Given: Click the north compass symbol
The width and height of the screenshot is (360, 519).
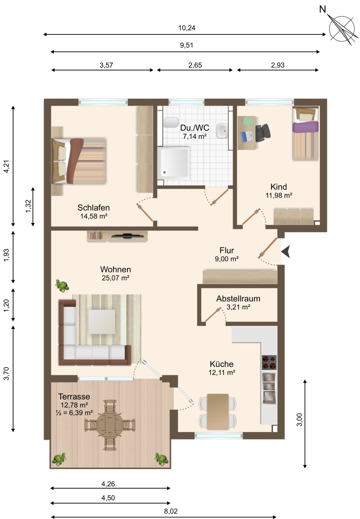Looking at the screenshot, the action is click(x=343, y=28).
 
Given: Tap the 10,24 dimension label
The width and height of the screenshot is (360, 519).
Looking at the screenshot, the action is click(x=187, y=28).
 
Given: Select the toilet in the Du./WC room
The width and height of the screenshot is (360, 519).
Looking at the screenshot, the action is click(x=170, y=122).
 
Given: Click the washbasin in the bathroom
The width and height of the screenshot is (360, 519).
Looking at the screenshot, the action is click(x=222, y=131).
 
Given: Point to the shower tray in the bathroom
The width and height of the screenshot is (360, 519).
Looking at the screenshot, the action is click(x=174, y=163).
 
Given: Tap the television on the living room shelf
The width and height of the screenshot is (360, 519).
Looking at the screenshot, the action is click(x=127, y=236).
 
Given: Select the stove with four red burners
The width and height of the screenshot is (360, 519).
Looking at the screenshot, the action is click(x=269, y=363).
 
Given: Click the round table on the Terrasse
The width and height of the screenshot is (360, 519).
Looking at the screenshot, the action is click(x=110, y=425).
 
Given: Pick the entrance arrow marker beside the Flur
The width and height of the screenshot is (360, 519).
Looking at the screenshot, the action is click(x=286, y=252).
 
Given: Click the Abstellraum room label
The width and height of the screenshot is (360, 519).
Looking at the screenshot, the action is click(x=238, y=299).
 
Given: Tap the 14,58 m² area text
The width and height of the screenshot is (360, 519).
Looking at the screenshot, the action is click(x=94, y=216).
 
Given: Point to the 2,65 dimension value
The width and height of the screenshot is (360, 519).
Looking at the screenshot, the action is click(x=195, y=65).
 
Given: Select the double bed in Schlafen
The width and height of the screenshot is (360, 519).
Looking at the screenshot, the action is click(x=79, y=161).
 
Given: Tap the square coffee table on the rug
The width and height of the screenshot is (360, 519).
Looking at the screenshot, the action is click(x=102, y=322).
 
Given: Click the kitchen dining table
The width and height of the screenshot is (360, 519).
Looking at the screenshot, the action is click(x=218, y=412).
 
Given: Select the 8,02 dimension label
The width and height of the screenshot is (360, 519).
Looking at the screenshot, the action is click(x=171, y=511).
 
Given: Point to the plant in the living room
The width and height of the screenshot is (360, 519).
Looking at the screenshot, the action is click(x=62, y=285).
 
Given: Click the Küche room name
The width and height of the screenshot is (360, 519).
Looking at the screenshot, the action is click(x=222, y=364).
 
